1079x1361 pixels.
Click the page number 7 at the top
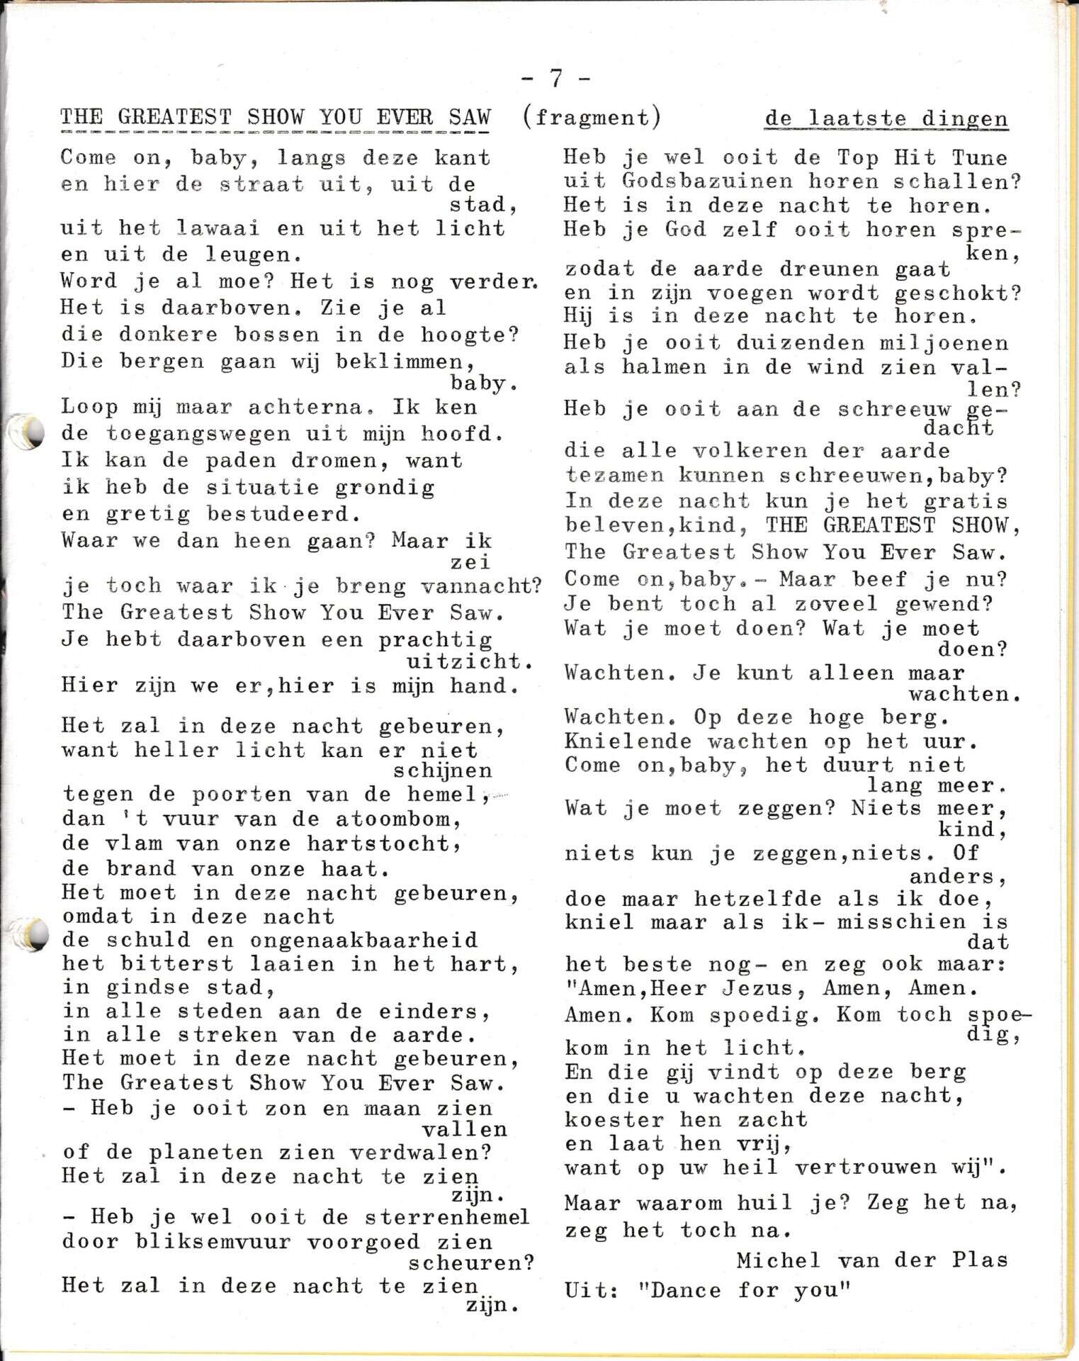click(556, 78)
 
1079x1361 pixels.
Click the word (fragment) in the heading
click(592, 116)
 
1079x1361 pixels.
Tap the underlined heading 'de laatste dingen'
click(886, 118)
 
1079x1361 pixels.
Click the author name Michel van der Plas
click(871, 1260)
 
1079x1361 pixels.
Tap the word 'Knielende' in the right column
click(628, 741)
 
